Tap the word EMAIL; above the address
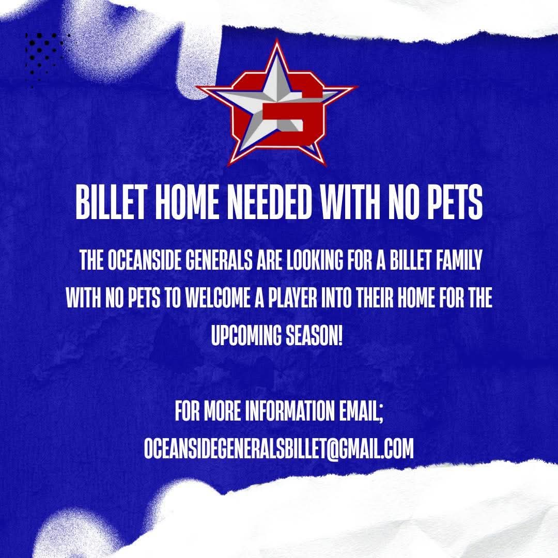[x=361, y=411]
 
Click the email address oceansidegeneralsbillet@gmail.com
[x=279, y=448]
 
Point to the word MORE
[x=222, y=411]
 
